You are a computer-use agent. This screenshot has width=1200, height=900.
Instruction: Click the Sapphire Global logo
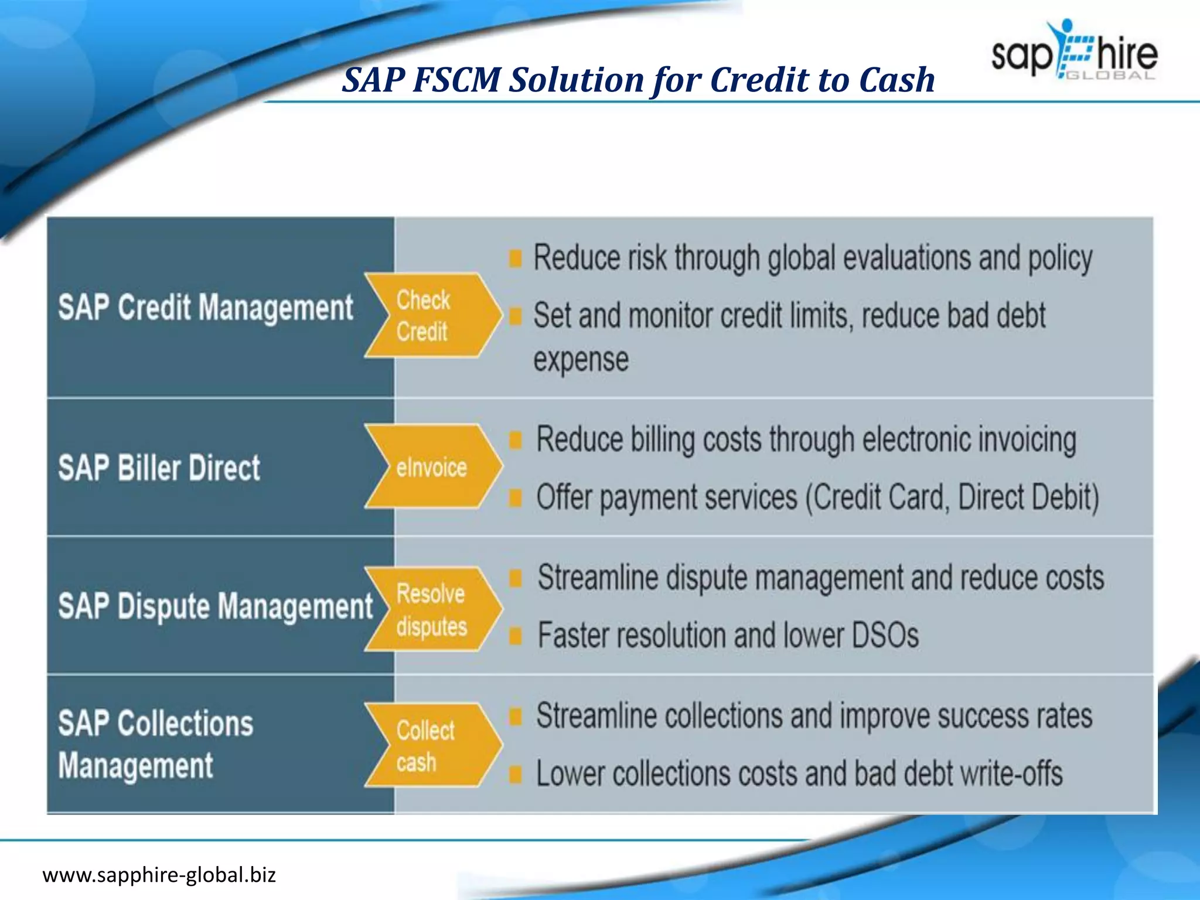1075,52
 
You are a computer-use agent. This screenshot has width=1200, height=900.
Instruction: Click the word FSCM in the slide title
456,80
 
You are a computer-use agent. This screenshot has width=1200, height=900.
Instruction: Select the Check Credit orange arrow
432,315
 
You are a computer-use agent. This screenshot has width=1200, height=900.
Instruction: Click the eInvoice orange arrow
432,467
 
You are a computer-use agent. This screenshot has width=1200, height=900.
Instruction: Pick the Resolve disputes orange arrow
432,609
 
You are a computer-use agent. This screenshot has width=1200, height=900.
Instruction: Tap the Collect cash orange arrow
432,745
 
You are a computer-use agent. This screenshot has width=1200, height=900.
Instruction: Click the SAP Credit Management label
206,308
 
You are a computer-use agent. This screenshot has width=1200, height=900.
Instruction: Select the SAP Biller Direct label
159,468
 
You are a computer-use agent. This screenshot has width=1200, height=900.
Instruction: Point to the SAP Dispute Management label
215,606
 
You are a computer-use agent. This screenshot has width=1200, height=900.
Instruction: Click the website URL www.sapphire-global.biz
159,875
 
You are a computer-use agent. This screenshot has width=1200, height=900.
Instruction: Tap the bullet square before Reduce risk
515,258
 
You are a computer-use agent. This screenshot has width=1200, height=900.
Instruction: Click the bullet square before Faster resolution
515,636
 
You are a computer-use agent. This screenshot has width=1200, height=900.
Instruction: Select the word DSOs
885,636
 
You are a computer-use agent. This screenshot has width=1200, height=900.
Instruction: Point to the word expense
581,359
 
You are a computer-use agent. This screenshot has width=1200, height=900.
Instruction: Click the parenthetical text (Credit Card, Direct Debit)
952,497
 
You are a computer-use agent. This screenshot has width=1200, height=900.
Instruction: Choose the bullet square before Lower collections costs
515,775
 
